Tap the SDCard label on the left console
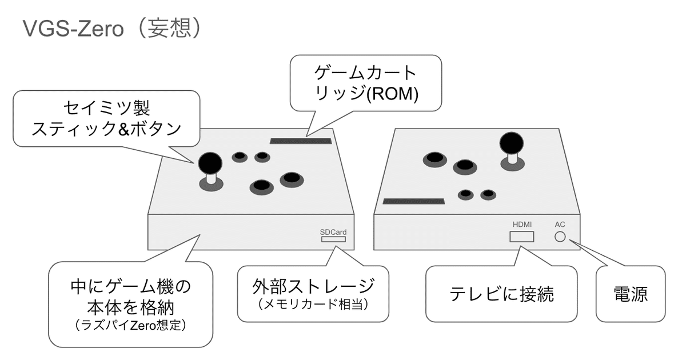(x=333, y=232)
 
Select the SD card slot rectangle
(x=333, y=240)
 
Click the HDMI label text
(x=521, y=225)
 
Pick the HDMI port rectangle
(x=521, y=237)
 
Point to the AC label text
(x=560, y=225)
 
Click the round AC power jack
(x=560, y=237)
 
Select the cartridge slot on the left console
(x=300, y=139)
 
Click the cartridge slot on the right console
(x=413, y=202)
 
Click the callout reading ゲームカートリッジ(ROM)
(x=366, y=83)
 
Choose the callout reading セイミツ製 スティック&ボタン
(x=107, y=118)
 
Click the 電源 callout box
(x=631, y=294)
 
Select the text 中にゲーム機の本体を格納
(x=131, y=295)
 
